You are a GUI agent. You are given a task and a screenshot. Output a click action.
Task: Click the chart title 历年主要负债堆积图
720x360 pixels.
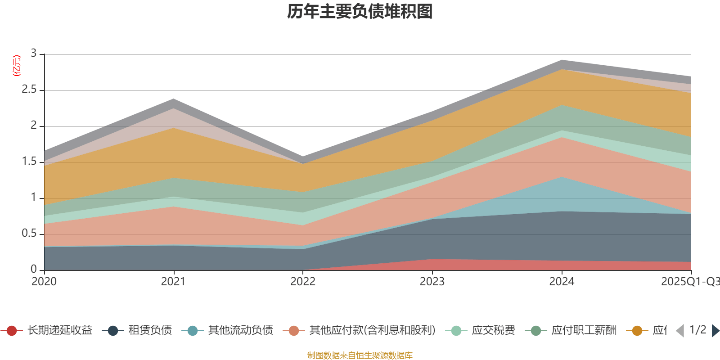(360, 12)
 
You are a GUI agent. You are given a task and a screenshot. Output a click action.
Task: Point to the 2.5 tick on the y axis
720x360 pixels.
(29, 90)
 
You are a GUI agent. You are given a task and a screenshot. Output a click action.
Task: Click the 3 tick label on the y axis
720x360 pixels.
(34, 54)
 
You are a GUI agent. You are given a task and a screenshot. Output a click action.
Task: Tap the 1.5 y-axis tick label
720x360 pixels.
(29, 162)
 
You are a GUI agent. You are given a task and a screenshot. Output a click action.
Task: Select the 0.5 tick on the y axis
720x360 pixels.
(29, 234)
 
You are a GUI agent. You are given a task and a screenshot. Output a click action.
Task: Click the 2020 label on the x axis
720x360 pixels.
(44, 282)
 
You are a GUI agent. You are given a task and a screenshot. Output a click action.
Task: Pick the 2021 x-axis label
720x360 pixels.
(173, 282)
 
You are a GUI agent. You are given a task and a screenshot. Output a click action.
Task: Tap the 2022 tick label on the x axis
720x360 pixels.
(303, 282)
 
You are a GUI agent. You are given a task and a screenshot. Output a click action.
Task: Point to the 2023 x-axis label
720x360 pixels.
(432, 282)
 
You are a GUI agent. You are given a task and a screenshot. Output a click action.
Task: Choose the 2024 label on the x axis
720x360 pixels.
(562, 282)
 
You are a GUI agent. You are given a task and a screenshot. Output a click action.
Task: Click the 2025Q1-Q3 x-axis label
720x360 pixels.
(689, 282)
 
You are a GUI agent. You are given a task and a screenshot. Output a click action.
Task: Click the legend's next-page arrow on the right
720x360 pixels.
(715, 331)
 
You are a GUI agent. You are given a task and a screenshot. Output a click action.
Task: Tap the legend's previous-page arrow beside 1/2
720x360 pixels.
(680, 331)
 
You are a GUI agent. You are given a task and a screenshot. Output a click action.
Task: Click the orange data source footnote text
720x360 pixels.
(360, 355)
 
